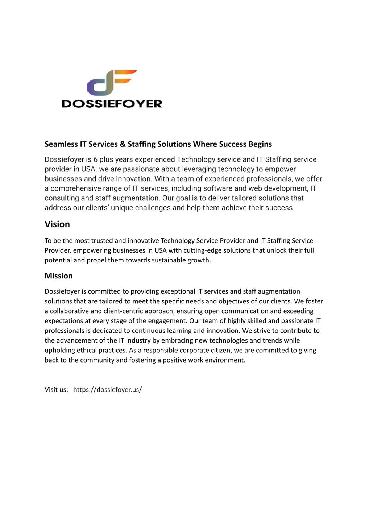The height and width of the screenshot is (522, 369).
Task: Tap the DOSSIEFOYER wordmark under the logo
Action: point(112,104)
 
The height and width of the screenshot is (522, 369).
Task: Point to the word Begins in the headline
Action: point(260,144)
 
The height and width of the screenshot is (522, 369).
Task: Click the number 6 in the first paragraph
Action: point(95,159)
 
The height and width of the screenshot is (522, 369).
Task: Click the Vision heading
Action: point(57,224)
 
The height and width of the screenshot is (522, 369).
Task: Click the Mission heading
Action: point(59,276)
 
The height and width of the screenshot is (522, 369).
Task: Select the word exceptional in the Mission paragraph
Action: point(178,291)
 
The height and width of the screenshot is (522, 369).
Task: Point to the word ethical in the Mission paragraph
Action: point(88,350)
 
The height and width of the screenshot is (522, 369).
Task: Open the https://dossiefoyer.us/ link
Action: point(108,390)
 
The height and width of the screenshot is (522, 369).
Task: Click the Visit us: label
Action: point(56,390)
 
